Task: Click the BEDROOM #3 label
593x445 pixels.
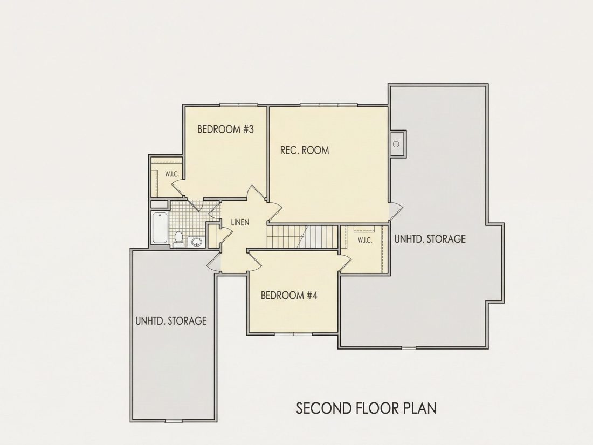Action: point(225,129)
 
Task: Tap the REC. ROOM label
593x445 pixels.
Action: point(305,150)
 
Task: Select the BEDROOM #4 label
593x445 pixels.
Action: point(289,295)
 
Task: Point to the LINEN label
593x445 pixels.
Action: point(240,222)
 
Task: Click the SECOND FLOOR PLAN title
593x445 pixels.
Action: point(366,408)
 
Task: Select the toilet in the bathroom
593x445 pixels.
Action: point(178,239)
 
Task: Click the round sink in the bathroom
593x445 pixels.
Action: point(196,242)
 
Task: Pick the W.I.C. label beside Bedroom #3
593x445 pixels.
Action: point(171,174)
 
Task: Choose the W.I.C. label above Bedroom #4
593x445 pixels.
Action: point(365,240)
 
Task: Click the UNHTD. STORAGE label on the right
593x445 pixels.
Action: point(430,239)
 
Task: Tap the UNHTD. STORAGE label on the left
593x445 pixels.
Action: point(171,321)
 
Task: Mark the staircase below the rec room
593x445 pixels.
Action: point(302,237)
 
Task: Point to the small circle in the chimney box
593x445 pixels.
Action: point(396,144)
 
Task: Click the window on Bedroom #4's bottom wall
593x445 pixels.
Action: point(293,334)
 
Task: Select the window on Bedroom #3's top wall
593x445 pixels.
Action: point(239,105)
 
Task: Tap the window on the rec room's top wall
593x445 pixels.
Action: point(328,105)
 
